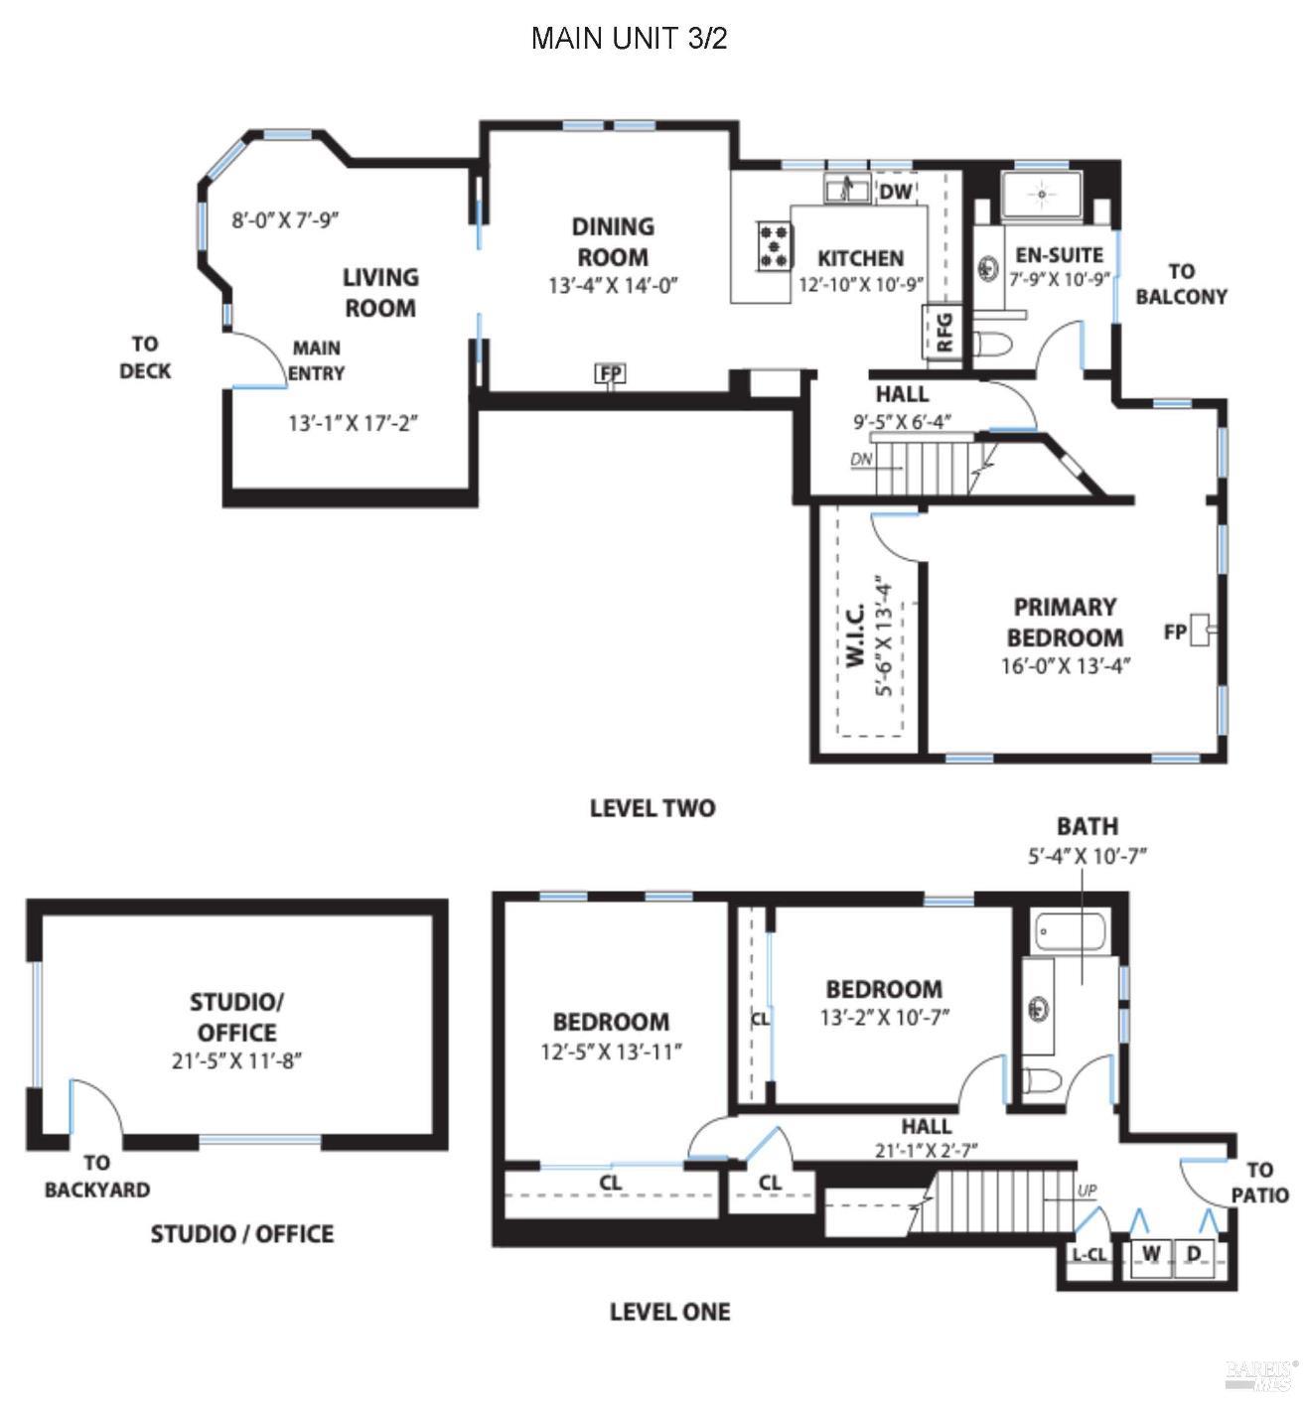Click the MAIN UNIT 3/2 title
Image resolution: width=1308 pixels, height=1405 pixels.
point(630,39)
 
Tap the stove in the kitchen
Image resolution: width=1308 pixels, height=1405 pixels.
point(775,245)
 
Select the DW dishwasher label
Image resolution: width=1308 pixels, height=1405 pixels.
point(895,192)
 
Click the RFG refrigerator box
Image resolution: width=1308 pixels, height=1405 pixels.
point(945,332)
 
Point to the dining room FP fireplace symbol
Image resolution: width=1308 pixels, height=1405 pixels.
point(610,373)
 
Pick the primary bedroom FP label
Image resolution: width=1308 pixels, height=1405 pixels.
point(1175,632)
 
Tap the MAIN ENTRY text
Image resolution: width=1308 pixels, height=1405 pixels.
point(317,360)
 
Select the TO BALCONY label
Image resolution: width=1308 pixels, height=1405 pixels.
point(1181,283)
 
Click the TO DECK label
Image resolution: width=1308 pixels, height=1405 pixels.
point(145,356)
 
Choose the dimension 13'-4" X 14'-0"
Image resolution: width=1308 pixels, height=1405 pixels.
point(613,286)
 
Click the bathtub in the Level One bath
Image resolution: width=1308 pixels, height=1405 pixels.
point(1070,930)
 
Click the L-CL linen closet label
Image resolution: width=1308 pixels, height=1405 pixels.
point(1089,1254)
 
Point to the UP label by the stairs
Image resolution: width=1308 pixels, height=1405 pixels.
point(1087,1190)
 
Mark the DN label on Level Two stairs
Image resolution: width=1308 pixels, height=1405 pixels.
point(861,460)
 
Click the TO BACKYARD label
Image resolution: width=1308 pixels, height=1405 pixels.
point(96,1176)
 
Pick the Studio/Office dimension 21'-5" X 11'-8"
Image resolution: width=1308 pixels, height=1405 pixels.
point(236,1060)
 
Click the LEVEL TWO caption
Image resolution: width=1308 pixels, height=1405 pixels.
point(652,808)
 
